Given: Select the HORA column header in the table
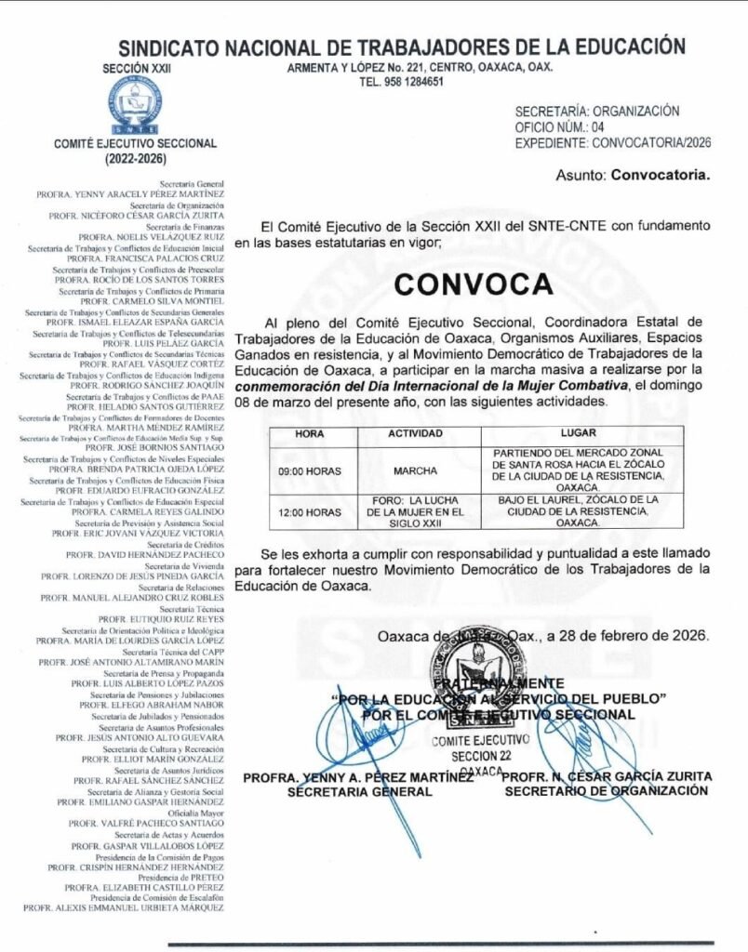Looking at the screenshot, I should [310, 433].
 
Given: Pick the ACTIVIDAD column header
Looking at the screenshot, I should [415, 433].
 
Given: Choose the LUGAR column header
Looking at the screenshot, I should [578, 433].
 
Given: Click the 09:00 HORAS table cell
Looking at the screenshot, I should [310, 470].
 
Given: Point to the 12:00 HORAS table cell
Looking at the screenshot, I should [310, 511].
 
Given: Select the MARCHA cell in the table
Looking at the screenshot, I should [415, 470].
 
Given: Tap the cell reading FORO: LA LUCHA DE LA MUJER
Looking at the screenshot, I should [415, 511].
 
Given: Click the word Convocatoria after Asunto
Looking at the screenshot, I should [660, 174].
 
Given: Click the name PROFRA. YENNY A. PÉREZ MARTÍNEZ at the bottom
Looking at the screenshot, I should [358, 776].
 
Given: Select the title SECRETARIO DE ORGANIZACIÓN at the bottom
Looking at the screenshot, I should [606, 790].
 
